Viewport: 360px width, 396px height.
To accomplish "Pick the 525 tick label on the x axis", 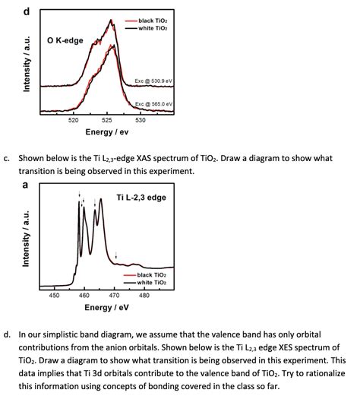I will [107, 120].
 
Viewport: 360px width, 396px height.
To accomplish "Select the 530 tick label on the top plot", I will [141, 120].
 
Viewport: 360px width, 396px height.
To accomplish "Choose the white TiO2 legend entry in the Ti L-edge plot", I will [153, 282].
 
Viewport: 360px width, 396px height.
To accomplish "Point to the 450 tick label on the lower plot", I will [54, 294].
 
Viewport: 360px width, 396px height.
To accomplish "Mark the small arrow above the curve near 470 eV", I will [116, 255].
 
